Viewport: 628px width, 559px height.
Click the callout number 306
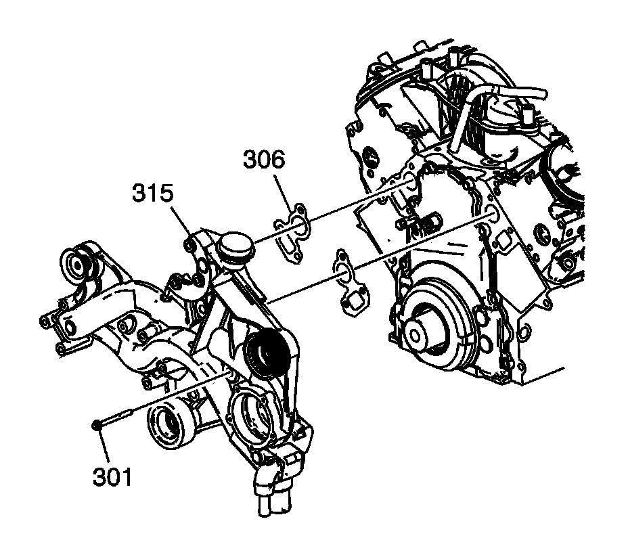click(x=264, y=161)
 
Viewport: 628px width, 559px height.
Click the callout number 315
click(x=152, y=194)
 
